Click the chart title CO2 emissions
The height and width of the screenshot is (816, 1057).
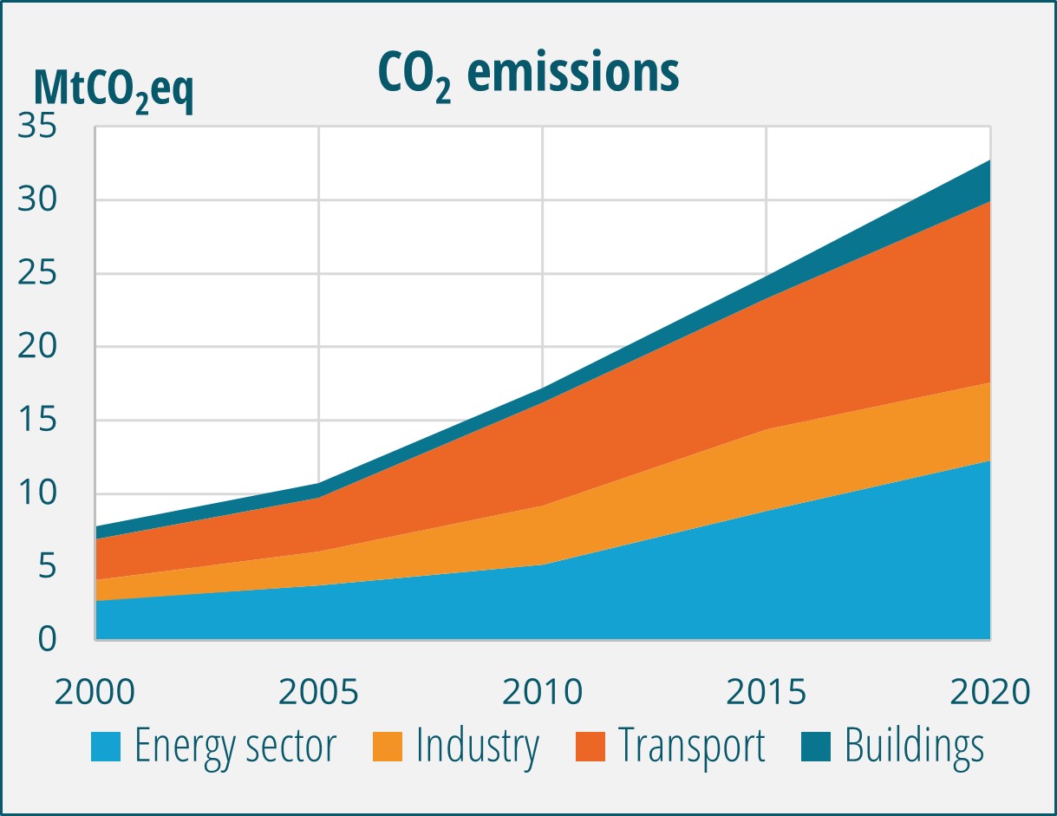pos(528,75)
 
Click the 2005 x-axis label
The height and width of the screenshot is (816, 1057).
pos(319,692)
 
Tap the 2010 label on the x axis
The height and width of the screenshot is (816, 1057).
pos(543,692)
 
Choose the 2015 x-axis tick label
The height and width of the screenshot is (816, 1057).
pos(767,692)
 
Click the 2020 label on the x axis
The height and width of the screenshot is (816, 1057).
pos(988,692)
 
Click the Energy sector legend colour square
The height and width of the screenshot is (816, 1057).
pos(107,747)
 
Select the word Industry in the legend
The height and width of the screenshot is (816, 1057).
pos(477,747)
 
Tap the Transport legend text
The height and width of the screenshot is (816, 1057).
pos(691,747)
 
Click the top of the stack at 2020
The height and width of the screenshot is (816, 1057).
pos(989,161)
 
